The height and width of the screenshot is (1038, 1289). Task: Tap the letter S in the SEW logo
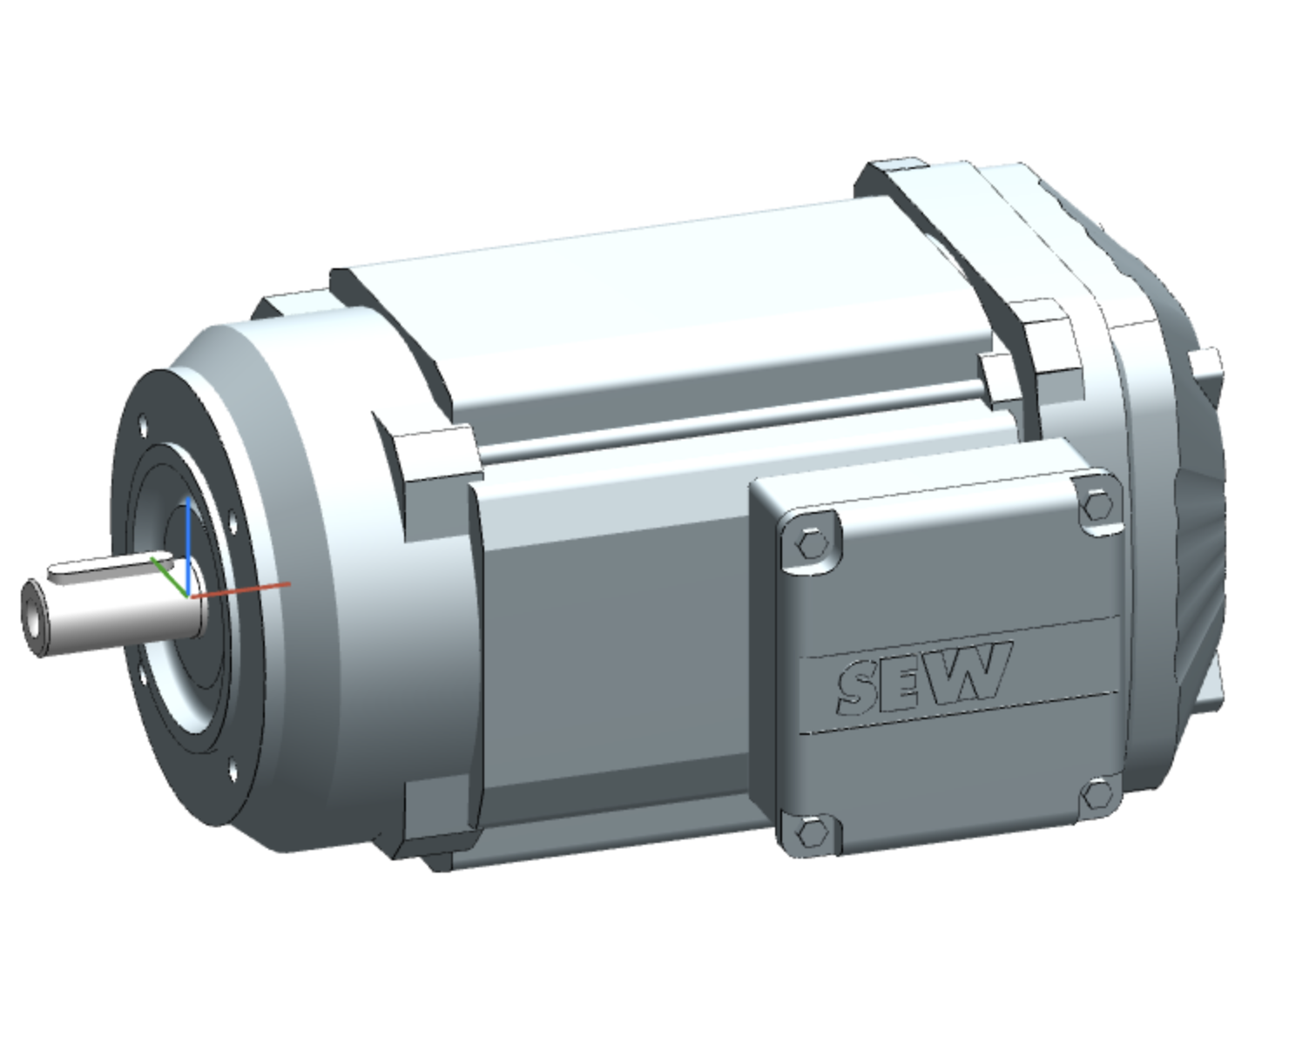pyautogui.click(x=859, y=685)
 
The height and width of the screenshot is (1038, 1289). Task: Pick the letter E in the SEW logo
pyautogui.click(x=908, y=678)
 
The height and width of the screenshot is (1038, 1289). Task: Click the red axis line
pyautogui.click(x=244, y=590)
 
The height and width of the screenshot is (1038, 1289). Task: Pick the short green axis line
pyautogui.click(x=168, y=575)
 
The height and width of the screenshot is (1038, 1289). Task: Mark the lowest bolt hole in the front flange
pyautogui.click(x=233, y=771)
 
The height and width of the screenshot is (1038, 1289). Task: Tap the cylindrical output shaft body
pyautogui.click(x=122, y=614)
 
